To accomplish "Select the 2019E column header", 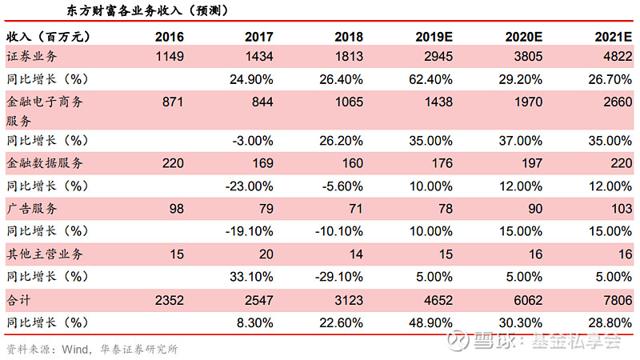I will pyautogui.click(x=434, y=37).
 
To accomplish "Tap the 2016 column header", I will pyautogui.click(x=169, y=37).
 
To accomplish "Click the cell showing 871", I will pyautogui.click(x=173, y=102).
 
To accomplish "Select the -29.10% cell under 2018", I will pyautogui.click(x=338, y=276).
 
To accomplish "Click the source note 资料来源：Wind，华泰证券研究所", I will pyautogui.click(x=92, y=349).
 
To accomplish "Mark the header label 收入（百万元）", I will pyautogui.click(x=47, y=37).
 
